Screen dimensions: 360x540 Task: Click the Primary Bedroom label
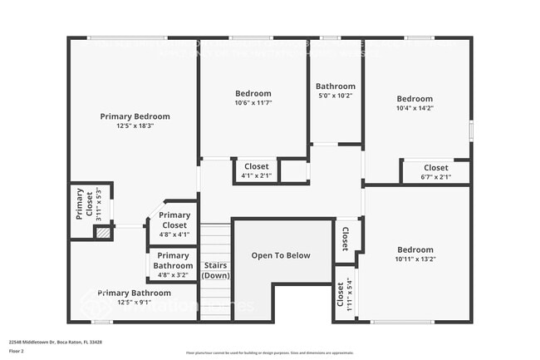135,116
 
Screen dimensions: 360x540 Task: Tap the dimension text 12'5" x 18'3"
135,126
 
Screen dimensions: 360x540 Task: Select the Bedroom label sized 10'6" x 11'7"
253,93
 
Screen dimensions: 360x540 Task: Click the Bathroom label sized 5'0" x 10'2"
335,86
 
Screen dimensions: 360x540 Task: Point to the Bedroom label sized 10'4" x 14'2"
414,99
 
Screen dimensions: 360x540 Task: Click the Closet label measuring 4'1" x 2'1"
256,166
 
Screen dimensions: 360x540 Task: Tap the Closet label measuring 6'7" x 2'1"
435,168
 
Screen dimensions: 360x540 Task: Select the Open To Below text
281,256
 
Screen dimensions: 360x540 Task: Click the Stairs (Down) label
216,270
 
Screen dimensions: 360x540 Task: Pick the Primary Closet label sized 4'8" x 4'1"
174,219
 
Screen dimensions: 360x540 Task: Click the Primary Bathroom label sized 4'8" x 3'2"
173,260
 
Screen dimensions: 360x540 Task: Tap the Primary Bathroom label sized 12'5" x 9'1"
135,293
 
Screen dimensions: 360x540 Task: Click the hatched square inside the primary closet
102,234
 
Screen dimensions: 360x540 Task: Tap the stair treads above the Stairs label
215,241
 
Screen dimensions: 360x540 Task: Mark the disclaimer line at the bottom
270,353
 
